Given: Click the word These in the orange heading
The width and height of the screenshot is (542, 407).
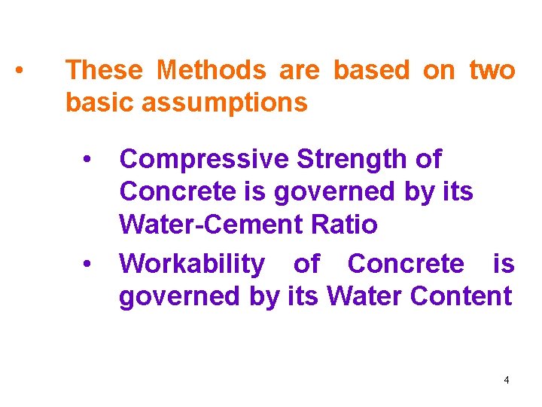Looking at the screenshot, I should tap(104, 70).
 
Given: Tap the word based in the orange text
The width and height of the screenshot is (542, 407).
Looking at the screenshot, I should tap(372, 70).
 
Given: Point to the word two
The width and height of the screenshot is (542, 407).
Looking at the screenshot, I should tap(492, 70).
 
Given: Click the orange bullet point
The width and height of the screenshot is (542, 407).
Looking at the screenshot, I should tap(20, 72).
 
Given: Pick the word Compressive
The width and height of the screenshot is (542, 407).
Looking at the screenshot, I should tap(205, 160).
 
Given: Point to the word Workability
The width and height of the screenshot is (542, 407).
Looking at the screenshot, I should tap(192, 264).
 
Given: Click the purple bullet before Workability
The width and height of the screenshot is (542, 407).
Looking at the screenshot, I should tap(88, 265).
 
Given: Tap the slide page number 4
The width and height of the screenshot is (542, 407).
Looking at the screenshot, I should tap(507, 380).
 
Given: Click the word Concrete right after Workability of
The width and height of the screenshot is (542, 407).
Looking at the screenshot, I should tap(406, 264).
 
